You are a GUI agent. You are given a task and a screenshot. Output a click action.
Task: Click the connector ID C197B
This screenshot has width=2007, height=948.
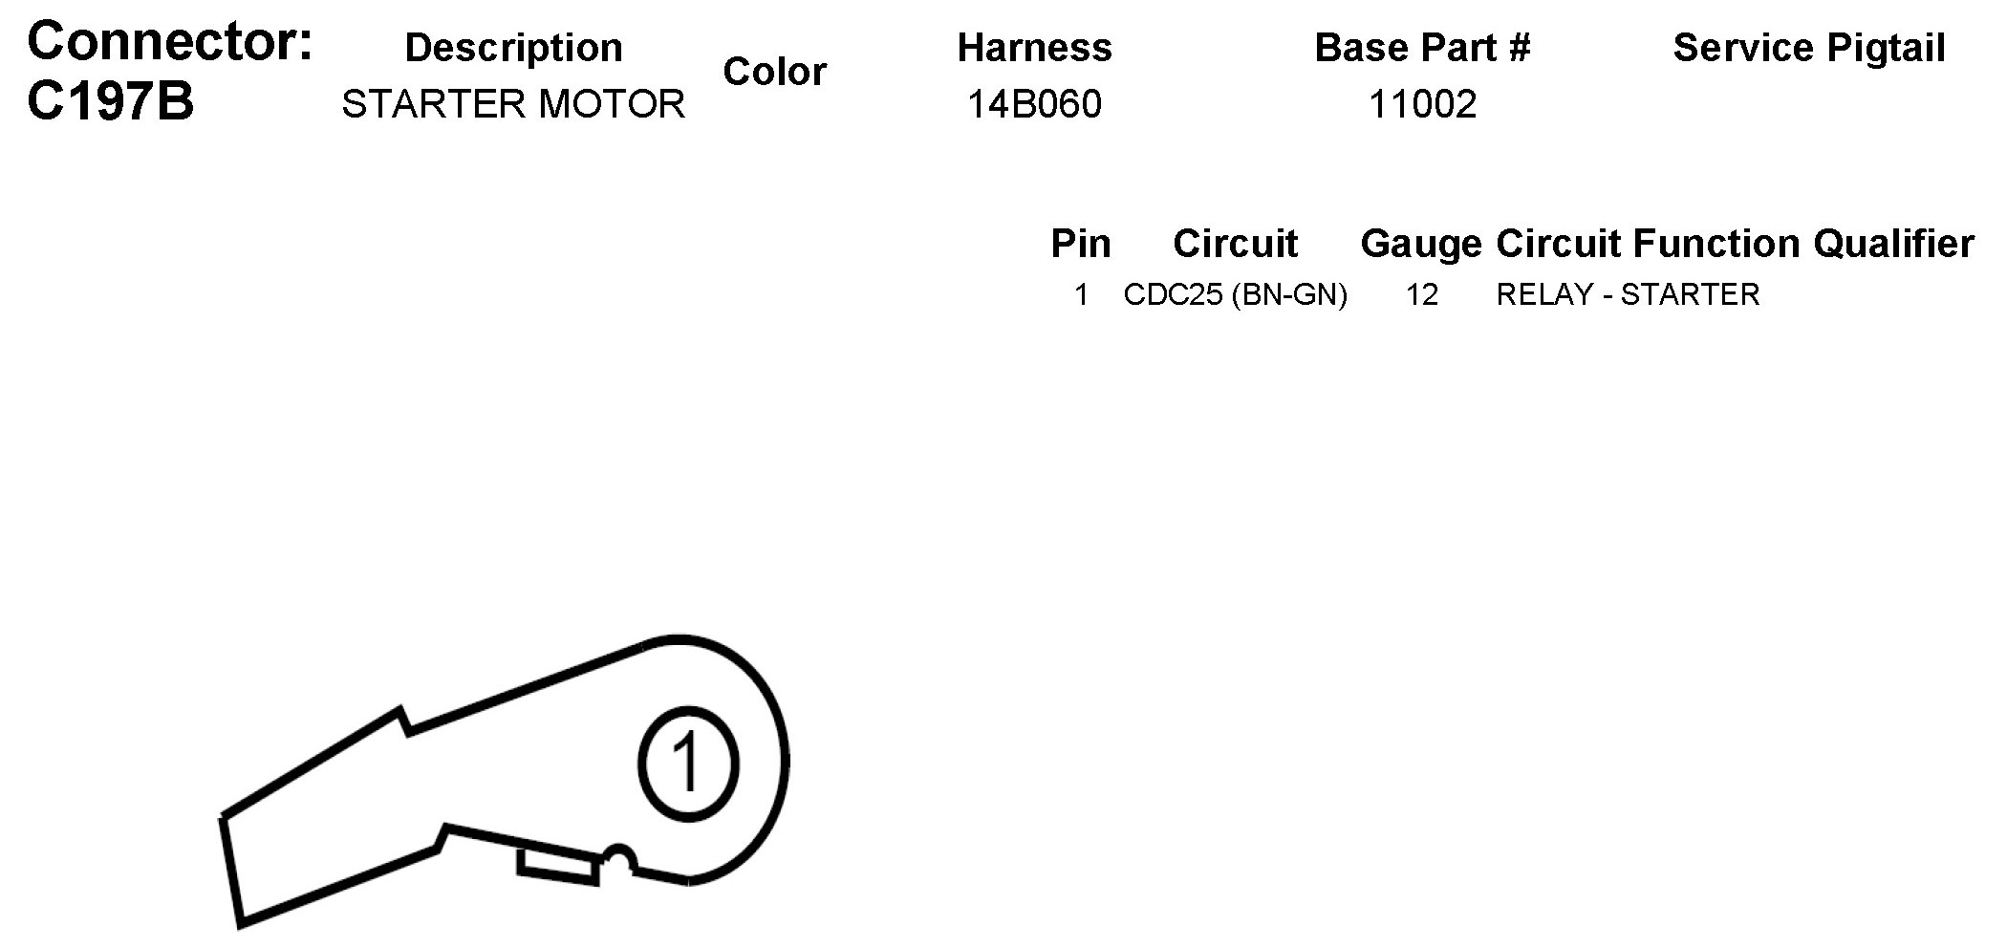click(x=110, y=100)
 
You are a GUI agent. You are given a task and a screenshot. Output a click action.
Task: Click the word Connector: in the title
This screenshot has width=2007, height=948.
click(x=170, y=41)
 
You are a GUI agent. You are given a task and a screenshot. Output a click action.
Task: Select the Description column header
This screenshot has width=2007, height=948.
click(x=513, y=48)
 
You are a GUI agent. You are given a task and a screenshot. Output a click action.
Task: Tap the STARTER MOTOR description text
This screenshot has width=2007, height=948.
click(x=513, y=103)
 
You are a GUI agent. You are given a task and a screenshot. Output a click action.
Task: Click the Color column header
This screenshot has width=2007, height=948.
click(x=774, y=71)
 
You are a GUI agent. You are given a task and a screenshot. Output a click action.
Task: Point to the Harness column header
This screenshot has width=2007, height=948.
click(x=1035, y=48)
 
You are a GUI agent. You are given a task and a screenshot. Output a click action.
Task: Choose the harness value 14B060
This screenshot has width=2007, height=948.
click(x=1035, y=103)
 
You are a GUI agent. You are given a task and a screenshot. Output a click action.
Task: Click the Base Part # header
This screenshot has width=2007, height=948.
click(x=1422, y=48)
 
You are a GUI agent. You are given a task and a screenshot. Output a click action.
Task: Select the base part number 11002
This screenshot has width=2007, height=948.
click(x=1422, y=103)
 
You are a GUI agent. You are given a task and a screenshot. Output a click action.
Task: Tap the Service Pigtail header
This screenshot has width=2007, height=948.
click(x=1809, y=48)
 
